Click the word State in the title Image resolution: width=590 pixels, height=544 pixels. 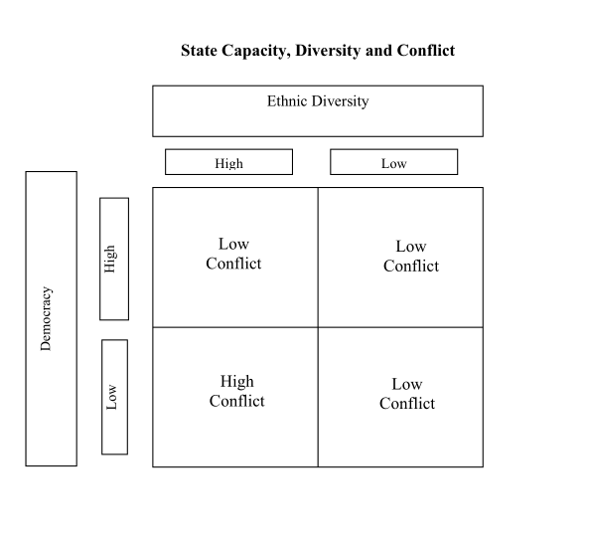[199, 51]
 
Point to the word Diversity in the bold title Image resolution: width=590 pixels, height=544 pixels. [328, 52]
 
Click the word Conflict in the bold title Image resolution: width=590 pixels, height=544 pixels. [426, 51]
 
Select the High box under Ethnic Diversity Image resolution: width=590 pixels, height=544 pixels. [228, 162]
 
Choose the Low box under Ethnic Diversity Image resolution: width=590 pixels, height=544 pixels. [394, 162]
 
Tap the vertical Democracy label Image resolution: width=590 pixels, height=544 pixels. [46, 318]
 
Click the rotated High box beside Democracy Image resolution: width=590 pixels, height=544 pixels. [114, 259]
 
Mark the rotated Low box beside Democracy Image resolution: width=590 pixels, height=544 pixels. [114, 397]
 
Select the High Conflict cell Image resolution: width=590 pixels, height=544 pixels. [235, 397]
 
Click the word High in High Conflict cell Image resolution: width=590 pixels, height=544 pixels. [237, 382]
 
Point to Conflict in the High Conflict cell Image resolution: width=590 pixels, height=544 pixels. [237, 401]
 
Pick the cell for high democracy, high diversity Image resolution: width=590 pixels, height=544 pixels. [235, 258]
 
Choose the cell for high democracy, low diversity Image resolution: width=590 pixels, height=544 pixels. [400, 258]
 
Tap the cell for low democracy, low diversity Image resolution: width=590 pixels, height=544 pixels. [400, 397]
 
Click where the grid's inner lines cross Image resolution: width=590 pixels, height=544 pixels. [318, 327]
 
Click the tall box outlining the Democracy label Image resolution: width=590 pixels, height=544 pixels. [26, 318]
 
